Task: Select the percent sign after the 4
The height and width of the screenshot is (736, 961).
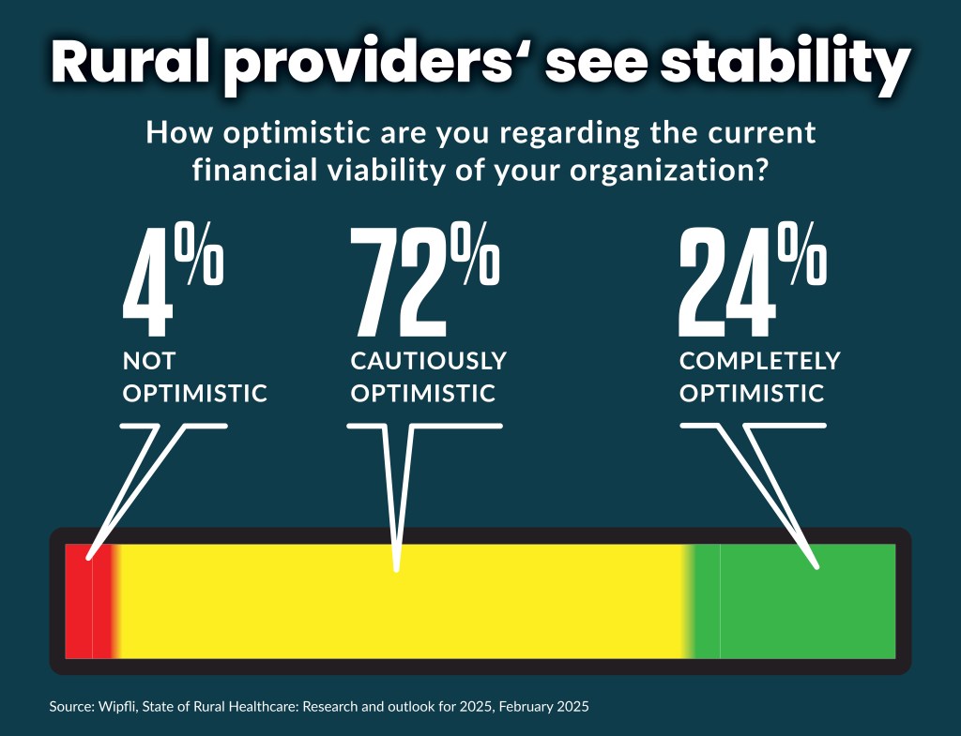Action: pyautogui.click(x=200, y=258)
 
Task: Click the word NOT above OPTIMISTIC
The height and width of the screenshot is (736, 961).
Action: pyautogui.click(x=149, y=361)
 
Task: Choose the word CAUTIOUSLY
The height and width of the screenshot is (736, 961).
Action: pyautogui.click(x=429, y=361)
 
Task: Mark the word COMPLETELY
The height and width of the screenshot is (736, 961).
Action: pyautogui.click(x=760, y=361)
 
